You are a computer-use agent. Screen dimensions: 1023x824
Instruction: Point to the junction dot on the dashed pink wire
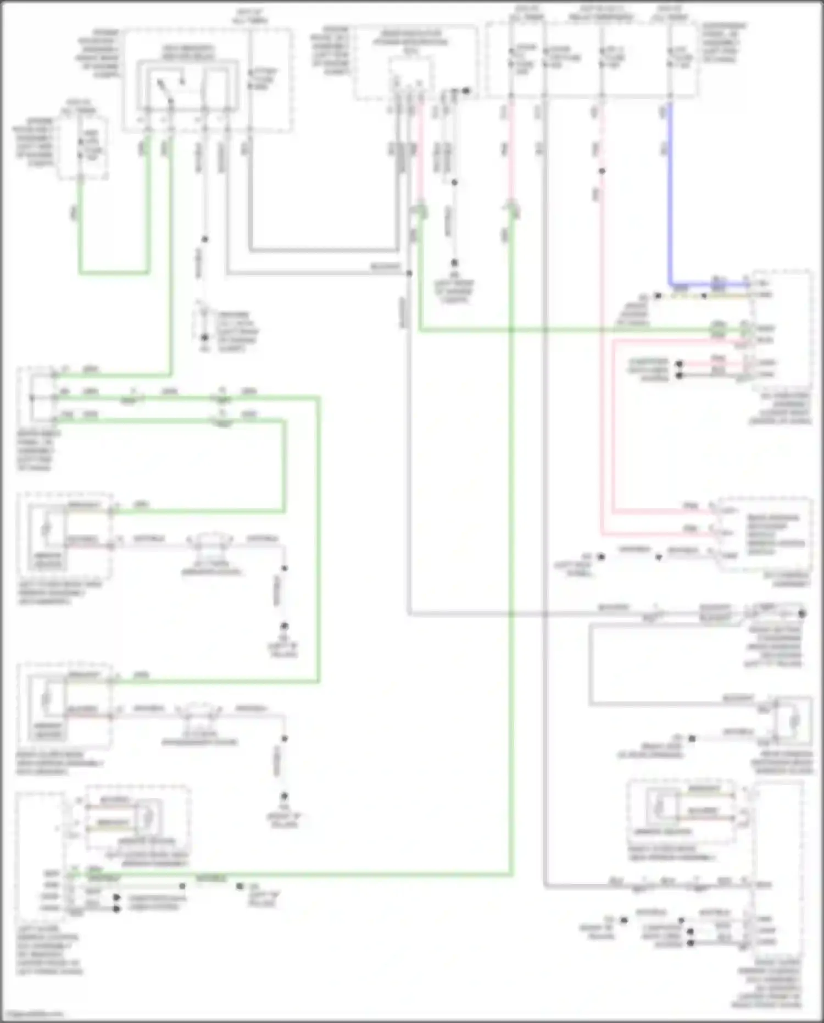[602, 171]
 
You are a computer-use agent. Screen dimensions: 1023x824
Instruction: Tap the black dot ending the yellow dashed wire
[658, 296]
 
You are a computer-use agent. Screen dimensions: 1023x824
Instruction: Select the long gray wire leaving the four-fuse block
[544, 495]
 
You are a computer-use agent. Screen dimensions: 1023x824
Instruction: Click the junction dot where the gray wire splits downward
[409, 273]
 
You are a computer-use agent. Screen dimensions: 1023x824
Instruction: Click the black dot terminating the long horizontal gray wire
[803, 613]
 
